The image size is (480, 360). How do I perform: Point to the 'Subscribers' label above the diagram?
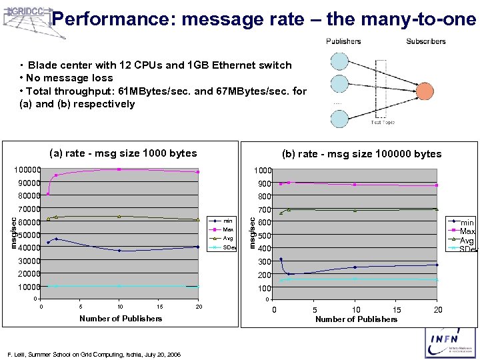click(x=425, y=41)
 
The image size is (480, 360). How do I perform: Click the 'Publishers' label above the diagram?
click(x=343, y=41)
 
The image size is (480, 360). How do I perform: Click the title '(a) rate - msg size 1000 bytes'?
click(x=124, y=153)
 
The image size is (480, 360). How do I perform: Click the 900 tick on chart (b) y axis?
click(x=265, y=183)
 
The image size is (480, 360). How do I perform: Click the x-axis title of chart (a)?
click(x=121, y=319)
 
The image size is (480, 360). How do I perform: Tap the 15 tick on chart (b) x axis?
click(x=397, y=310)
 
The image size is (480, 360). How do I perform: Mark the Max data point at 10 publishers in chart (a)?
click(x=119, y=169)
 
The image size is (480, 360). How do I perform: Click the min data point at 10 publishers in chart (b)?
click(x=355, y=267)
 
